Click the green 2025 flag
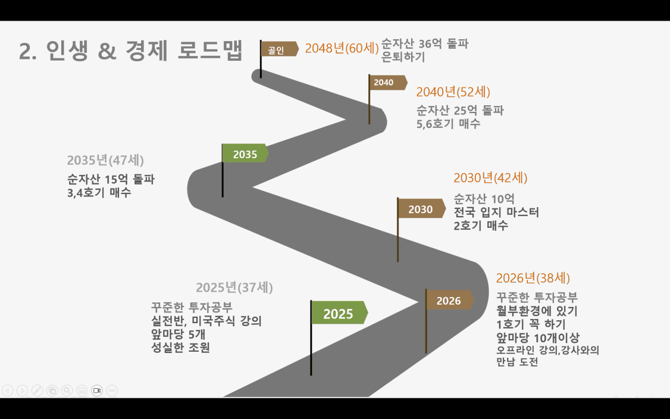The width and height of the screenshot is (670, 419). pos(339,313)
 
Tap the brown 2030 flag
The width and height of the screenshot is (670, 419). pos(421,209)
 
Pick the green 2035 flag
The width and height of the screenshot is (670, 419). pos(245,154)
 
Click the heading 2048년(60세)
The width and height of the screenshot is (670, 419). pos(342,48)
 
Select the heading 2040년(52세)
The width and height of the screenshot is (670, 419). pos(453,92)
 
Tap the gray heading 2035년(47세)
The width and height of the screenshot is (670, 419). pos(105,160)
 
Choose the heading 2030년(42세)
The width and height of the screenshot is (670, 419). pos(490,178)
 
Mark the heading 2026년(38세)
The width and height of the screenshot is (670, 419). pos(533,279)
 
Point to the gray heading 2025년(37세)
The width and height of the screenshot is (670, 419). pos(234,287)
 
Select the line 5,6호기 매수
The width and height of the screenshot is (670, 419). pos(448,124)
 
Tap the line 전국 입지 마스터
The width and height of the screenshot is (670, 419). pos(496,212)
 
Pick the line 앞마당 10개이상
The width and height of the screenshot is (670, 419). pos(538,337)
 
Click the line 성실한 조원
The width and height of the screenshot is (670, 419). pos(180,347)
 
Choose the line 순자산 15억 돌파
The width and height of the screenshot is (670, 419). pos(111,179)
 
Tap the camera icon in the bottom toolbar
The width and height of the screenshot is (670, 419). pos(97,390)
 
